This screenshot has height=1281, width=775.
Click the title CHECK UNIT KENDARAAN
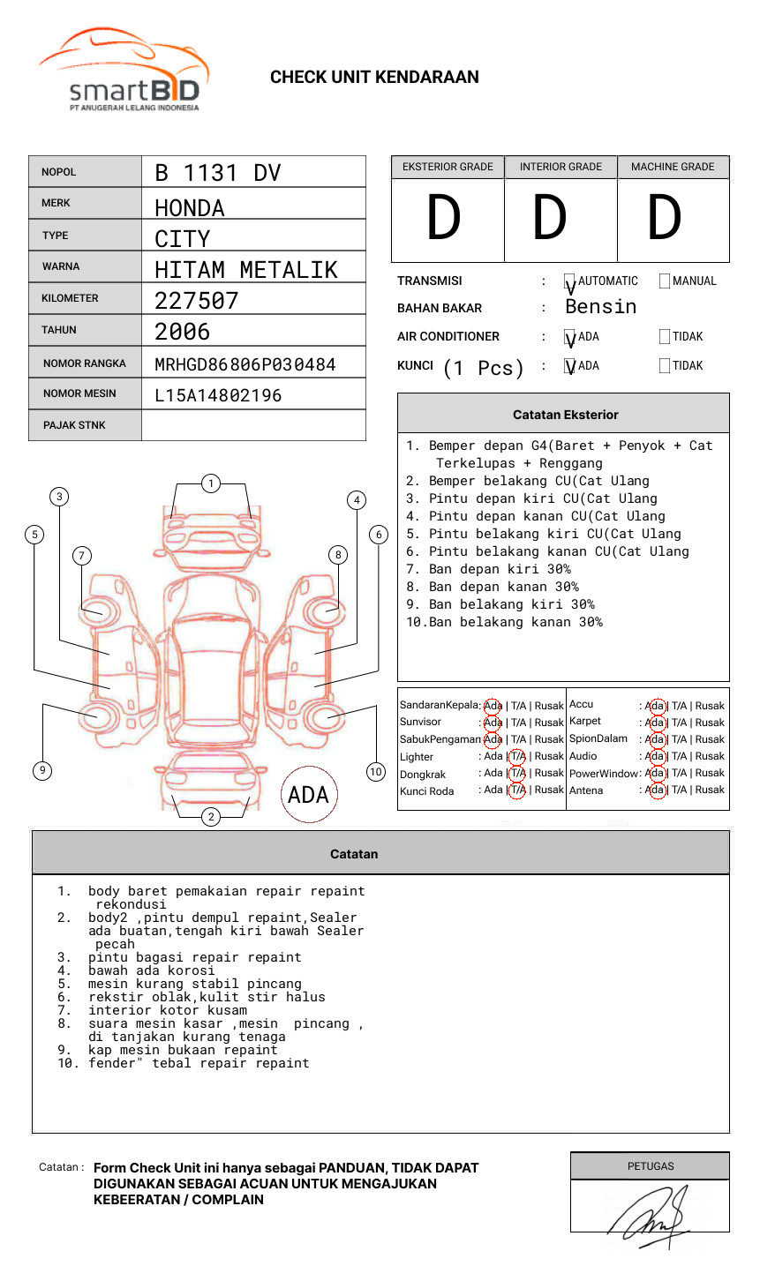click(x=374, y=78)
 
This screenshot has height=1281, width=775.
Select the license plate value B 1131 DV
click(x=217, y=173)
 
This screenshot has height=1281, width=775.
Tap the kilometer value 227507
click(x=196, y=301)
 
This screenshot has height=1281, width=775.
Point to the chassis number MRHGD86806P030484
click(x=245, y=364)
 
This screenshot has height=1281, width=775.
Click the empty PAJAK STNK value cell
click(x=253, y=425)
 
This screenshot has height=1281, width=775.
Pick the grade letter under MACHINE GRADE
click(x=664, y=219)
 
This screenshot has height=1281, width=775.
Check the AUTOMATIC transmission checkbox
click(x=570, y=281)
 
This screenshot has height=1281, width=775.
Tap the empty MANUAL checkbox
click(x=665, y=281)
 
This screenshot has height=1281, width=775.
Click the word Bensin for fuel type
click(x=600, y=307)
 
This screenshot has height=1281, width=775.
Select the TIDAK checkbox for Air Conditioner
click(x=665, y=337)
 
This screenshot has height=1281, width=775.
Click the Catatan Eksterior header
click(x=565, y=415)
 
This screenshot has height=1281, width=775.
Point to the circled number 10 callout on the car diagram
click(x=376, y=772)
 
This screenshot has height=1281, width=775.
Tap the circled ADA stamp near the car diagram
click(x=308, y=795)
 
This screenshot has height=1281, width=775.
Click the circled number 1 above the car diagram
click(x=210, y=483)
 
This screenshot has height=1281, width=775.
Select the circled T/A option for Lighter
click(x=517, y=756)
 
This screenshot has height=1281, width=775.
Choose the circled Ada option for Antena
click(x=655, y=790)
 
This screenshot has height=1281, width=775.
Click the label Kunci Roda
click(x=426, y=791)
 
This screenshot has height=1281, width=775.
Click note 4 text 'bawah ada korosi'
click(x=151, y=970)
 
